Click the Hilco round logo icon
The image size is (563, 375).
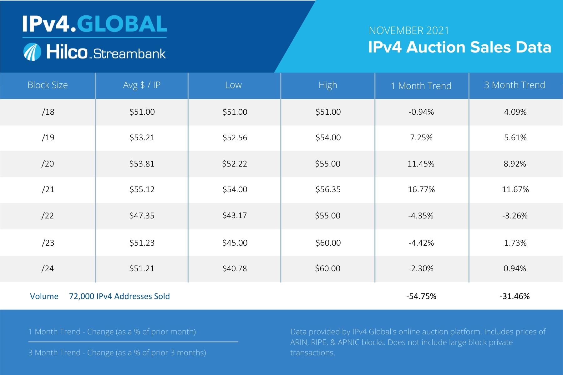click(32, 52)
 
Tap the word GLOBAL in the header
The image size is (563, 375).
click(122, 24)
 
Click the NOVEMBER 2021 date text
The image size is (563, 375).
click(409, 31)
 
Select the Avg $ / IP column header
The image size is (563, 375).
click(142, 85)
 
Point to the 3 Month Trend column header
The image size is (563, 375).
click(515, 85)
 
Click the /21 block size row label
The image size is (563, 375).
click(48, 189)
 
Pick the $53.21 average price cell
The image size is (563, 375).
click(142, 137)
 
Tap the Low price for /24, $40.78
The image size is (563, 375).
click(235, 268)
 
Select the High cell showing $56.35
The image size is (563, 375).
click(328, 189)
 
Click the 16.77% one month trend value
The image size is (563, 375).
click(421, 189)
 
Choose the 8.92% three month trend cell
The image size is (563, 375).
click(515, 164)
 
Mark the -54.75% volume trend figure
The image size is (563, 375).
click(421, 296)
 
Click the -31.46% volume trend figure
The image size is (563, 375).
click(515, 296)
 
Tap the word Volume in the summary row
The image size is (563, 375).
click(44, 296)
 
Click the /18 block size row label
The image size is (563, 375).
click(48, 112)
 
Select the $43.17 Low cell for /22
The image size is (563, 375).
click(235, 216)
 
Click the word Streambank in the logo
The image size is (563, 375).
click(129, 53)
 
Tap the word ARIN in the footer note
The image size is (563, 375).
click(299, 342)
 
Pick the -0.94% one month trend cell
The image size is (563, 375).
click(421, 112)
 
